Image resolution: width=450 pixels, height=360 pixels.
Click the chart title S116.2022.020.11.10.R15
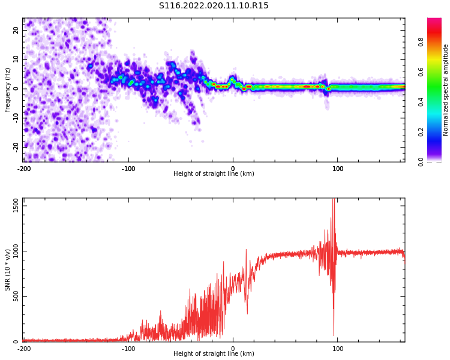214,6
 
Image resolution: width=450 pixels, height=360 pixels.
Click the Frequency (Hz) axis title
8,89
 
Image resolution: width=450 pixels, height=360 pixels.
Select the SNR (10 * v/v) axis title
8,271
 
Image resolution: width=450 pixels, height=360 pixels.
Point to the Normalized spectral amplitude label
446,89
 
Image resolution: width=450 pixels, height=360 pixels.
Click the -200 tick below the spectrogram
24,169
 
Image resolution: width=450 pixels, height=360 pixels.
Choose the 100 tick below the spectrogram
338,169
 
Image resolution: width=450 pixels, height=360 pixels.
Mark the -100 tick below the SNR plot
128,349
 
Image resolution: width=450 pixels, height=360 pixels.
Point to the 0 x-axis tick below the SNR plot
233,349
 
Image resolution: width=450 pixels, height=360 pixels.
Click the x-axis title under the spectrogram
214,174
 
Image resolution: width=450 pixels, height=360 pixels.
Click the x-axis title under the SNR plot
214,354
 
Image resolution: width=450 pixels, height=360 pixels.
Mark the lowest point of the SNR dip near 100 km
334,335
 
